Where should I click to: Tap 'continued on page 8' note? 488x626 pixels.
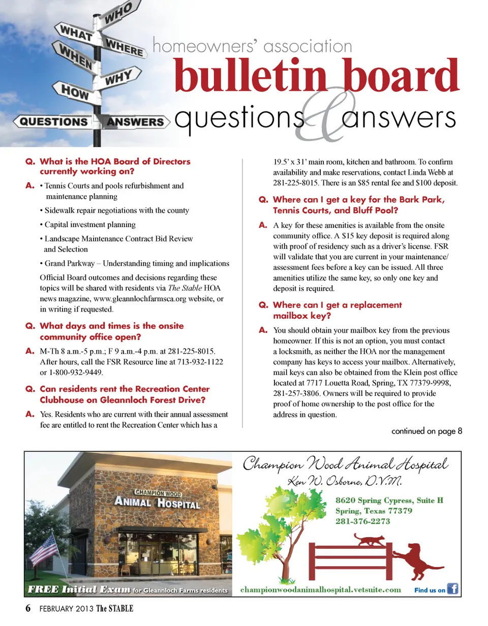point(426,431)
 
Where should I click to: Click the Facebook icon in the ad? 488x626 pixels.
point(452,589)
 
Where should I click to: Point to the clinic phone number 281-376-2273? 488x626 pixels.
point(363,521)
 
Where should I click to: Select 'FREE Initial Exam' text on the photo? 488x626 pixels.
point(78,589)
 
